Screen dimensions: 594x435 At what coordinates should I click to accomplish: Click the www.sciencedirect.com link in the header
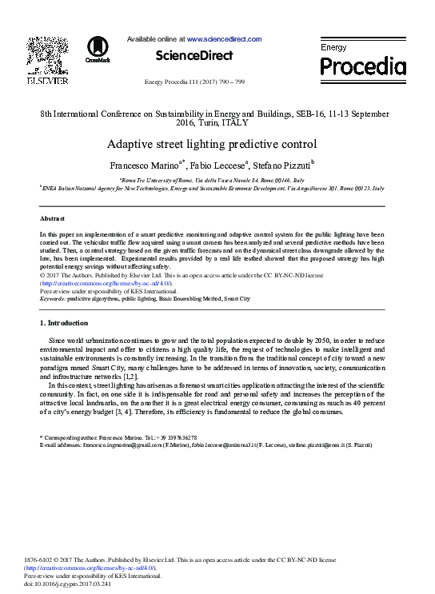tap(224, 38)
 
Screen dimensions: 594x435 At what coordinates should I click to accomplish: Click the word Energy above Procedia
tap(333, 48)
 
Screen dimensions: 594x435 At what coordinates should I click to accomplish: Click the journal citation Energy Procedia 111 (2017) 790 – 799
tap(194, 82)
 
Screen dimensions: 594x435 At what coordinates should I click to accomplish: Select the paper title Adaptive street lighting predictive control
tap(212, 145)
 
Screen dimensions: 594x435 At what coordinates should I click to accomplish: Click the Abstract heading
tap(53, 218)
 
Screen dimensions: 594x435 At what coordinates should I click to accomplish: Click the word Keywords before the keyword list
tap(53, 298)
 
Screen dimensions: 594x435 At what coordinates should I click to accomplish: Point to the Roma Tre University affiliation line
tap(212, 181)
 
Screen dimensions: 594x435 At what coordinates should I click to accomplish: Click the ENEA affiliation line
tap(212, 188)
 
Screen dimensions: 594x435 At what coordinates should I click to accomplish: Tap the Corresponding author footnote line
tap(120, 437)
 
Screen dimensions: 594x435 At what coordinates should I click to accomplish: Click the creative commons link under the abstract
tap(106, 284)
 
